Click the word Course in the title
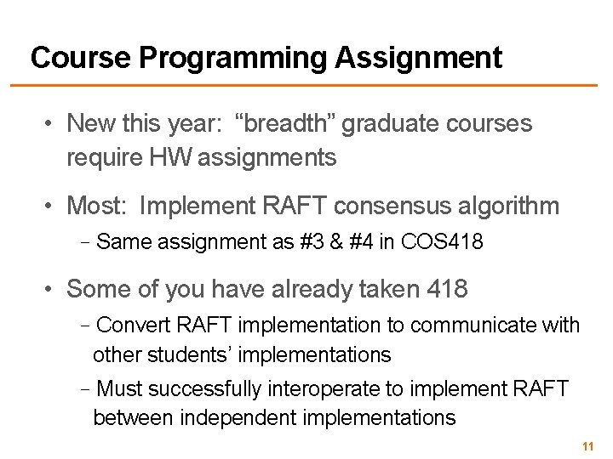80,58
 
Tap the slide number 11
587,446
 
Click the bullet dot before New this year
52,124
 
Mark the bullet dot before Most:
52,206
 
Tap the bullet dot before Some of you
52,289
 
